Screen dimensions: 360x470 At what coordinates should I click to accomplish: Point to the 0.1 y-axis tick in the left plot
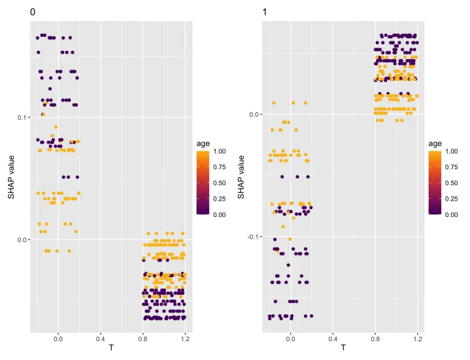pyautogui.click(x=21, y=118)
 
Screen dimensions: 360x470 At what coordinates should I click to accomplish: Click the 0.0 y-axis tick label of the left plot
pyautogui.click(x=21, y=240)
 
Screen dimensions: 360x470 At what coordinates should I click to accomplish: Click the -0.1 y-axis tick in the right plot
pyautogui.click(x=252, y=236)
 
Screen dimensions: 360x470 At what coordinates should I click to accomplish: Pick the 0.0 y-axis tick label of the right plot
pyautogui.click(x=253, y=115)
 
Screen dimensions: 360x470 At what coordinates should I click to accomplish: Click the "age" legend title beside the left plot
pyautogui.click(x=203, y=144)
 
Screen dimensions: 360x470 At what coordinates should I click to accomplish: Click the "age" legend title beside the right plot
pyautogui.click(x=435, y=144)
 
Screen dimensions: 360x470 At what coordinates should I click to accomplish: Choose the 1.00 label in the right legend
pyautogui.click(x=451, y=151)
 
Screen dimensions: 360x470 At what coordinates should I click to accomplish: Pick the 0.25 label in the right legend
pyautogui.click(x=451, y=199)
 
